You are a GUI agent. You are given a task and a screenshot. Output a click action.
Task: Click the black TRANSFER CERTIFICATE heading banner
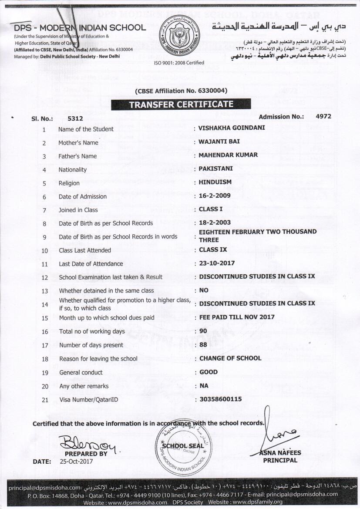181,104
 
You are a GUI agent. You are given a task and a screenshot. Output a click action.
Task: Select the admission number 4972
323,116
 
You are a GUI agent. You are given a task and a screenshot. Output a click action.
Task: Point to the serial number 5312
75,118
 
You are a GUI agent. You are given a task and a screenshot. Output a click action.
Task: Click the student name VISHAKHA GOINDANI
232,128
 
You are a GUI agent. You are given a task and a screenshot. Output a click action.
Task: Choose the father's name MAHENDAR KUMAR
228,155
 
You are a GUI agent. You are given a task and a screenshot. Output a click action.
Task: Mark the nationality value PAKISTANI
216,169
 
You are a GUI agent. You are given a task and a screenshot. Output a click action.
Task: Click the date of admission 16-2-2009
215,196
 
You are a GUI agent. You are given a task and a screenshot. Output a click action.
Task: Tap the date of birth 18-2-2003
215,222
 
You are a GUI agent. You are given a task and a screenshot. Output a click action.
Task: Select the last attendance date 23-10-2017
217,263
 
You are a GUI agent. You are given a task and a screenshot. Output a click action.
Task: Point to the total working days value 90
203,331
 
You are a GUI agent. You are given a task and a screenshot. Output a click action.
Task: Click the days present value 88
203,344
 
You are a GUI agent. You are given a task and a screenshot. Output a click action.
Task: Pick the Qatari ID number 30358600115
220,399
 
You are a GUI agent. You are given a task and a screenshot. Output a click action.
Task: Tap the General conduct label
81,372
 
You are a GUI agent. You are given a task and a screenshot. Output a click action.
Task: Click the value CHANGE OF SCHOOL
230,358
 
